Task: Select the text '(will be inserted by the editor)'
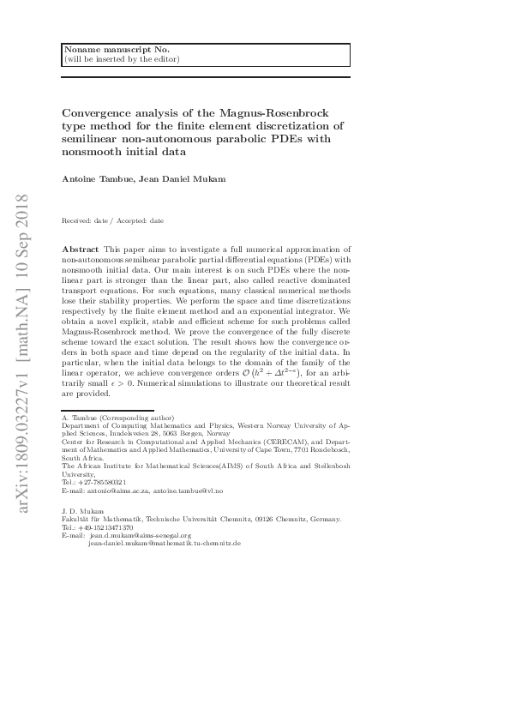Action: (121, 59)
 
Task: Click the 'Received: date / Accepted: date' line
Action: (112, 220)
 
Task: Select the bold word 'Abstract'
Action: (81, 249)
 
